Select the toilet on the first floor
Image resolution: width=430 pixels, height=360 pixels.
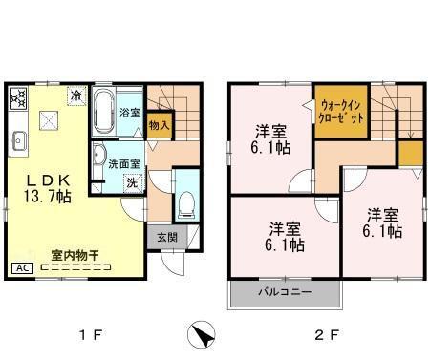pyautogui.click(x=187, y=204)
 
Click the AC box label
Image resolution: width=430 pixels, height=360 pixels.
pyautogui.click(x=20, y=268)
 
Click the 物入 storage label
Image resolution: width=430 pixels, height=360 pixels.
pyautogui.click(x=160, y=123)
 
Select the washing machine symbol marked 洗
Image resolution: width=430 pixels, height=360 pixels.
pyautogui.click(x=133, y=181)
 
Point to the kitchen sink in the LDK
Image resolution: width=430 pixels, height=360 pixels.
pyautogui.click(x=19, y=143)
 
